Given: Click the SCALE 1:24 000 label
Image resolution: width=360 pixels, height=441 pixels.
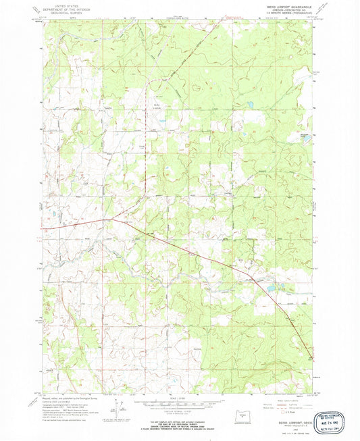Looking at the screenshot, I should click(180, 396).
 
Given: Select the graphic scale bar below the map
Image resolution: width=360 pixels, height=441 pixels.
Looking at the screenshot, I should click(180, 403).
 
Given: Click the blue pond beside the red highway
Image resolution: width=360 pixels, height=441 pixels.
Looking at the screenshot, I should click(271, 288).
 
